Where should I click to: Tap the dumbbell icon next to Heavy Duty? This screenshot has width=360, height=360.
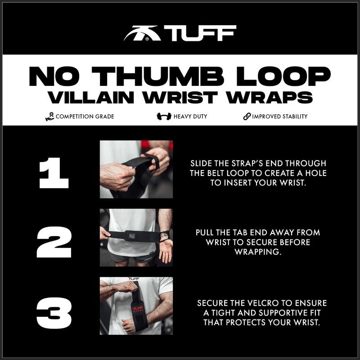[164, 117]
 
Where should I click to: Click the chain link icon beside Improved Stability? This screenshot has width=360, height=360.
[247, 117]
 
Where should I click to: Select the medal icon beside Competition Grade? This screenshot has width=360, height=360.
[49, 117]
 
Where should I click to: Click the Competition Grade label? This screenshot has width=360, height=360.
[85, 117]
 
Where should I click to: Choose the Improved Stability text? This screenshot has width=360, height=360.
[279, 117]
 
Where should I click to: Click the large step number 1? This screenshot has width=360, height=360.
[54, 172]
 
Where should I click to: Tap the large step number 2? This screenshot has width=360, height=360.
[54, 241]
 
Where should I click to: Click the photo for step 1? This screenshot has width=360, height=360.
[136, 169]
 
